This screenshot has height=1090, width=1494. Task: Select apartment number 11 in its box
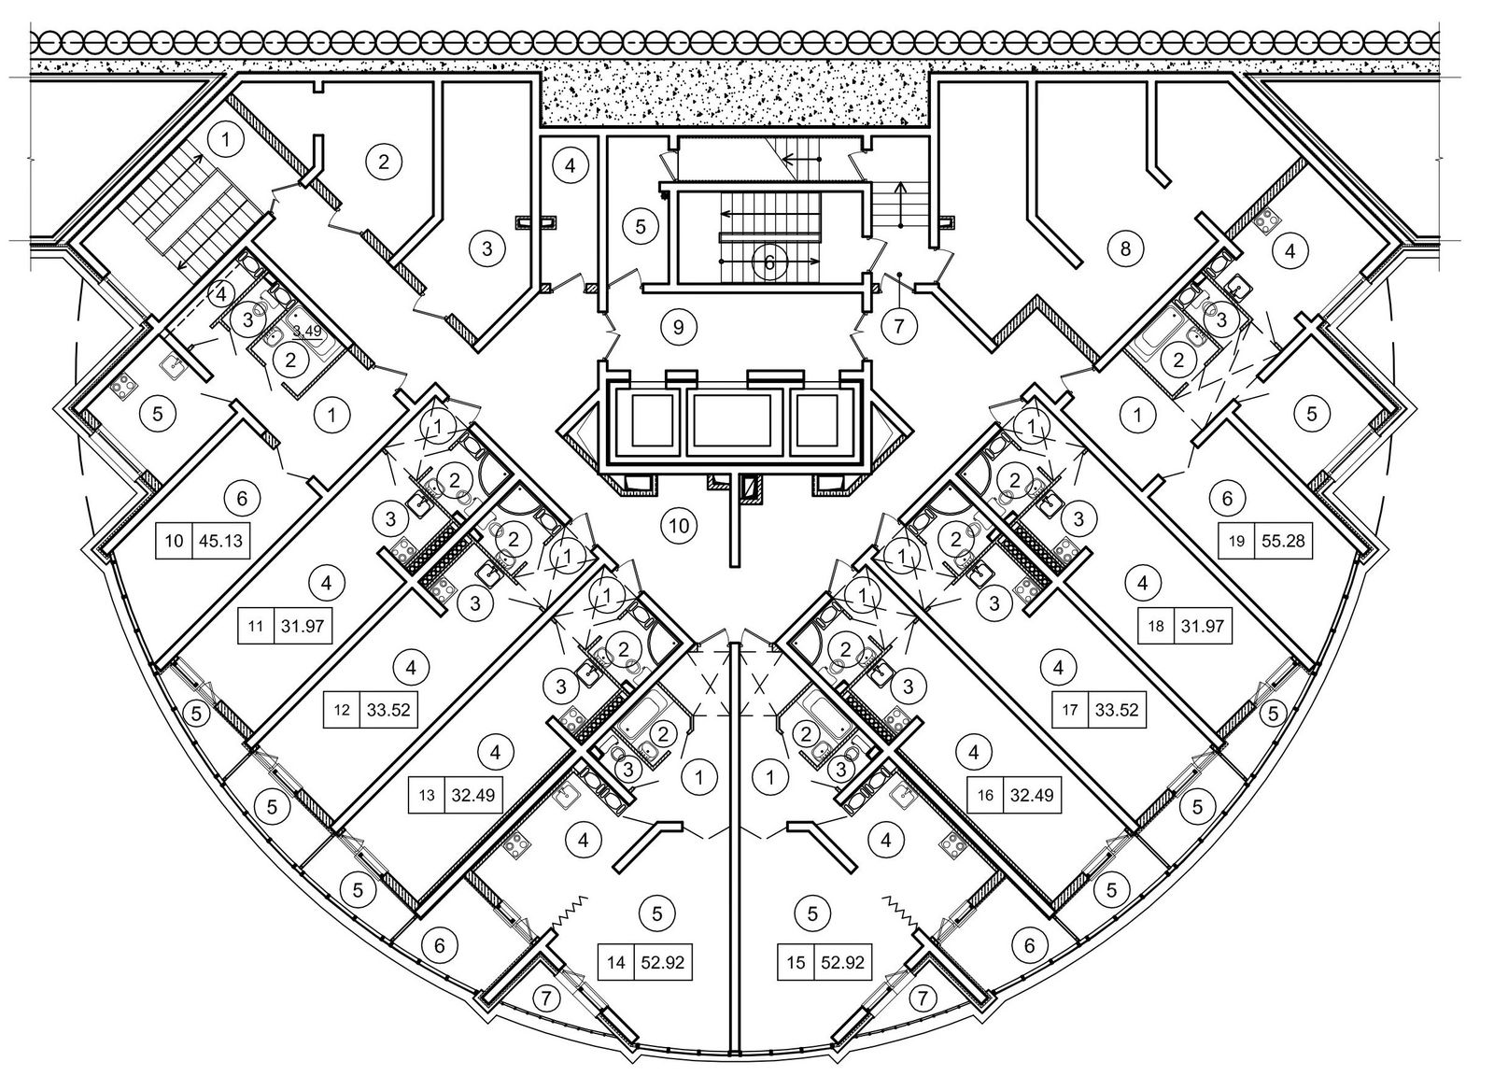[x=255, y=626]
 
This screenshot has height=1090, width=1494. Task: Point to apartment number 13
[x=428, y=796]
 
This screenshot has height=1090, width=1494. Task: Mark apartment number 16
[x=987, y=796]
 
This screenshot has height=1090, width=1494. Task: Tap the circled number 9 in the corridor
[x=679, y=327]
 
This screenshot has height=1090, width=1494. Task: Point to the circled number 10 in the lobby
[x=679, y=526]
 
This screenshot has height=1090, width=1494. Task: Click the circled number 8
[x=1125, y=248]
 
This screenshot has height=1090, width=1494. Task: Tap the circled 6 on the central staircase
[x=769, y=262]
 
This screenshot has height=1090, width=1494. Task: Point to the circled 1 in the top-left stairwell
[x=224, y=141]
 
